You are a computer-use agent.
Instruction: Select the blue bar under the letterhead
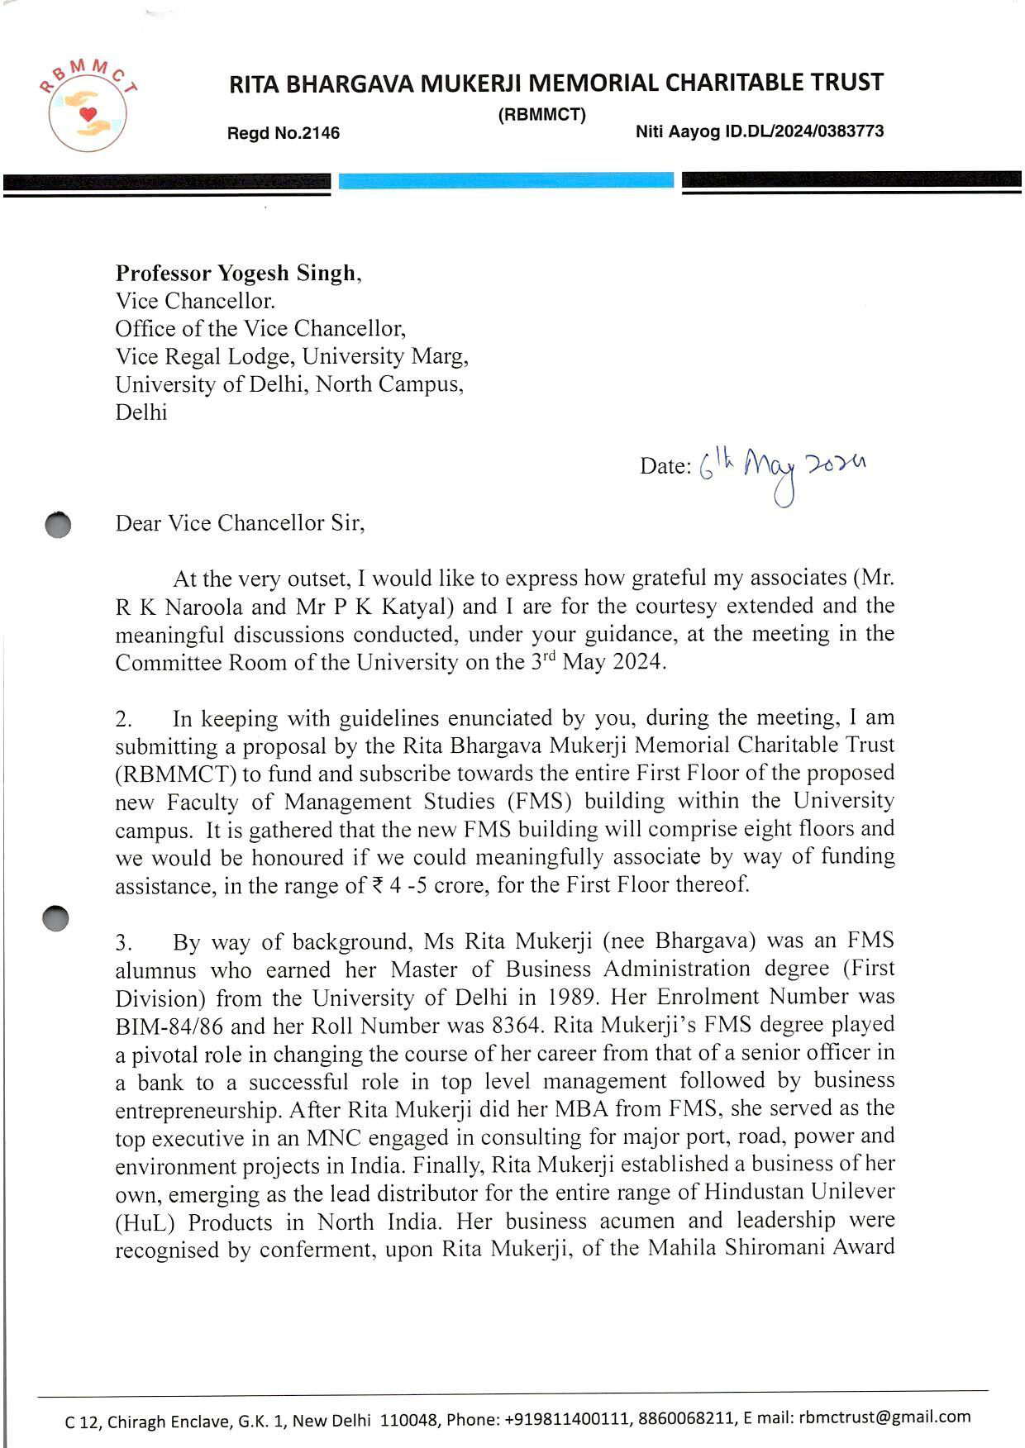506,180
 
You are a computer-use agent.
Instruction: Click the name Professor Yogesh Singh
236,273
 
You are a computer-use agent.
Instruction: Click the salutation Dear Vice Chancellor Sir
240,523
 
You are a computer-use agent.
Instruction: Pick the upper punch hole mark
58,526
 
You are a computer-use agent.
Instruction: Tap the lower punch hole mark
55,917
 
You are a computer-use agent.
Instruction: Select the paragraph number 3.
123,942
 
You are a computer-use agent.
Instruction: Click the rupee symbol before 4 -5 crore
378,886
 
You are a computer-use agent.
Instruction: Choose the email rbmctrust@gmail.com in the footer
884,1417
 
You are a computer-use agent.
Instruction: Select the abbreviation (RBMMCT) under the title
541,115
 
